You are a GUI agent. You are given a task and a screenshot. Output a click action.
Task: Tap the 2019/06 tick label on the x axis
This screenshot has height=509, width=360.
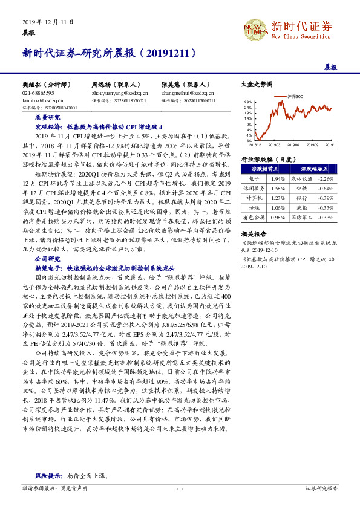(x=295, y=145)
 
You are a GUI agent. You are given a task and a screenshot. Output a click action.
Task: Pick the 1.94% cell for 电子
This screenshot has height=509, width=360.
(x=278, y=179)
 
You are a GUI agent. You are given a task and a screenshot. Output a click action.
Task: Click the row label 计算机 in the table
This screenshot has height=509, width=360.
(x=255, y=198)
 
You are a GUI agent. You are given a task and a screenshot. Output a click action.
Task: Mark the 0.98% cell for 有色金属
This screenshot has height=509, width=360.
(x=278, y=217)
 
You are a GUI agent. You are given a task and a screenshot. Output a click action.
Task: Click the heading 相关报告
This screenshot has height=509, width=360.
(x=253, y=233)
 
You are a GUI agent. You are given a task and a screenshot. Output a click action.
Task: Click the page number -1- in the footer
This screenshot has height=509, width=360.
(x=180, y=487)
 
